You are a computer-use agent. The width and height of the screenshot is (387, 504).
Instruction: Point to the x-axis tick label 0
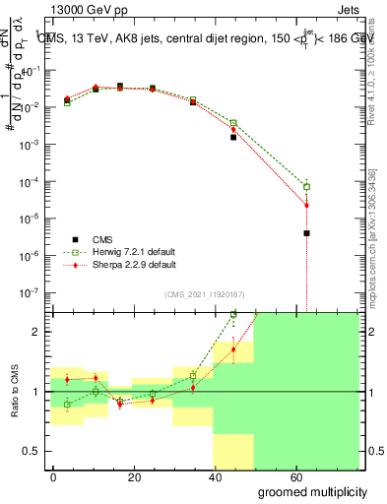pos(54,475)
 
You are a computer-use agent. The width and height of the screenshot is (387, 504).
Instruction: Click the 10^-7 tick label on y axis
pos(31,292)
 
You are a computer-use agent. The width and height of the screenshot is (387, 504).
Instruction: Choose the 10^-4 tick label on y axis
pos(31,182)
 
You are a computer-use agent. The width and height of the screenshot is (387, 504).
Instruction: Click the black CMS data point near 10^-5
pos(307,233)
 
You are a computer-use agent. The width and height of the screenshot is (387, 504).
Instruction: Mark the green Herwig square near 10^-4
pos(307,186)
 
